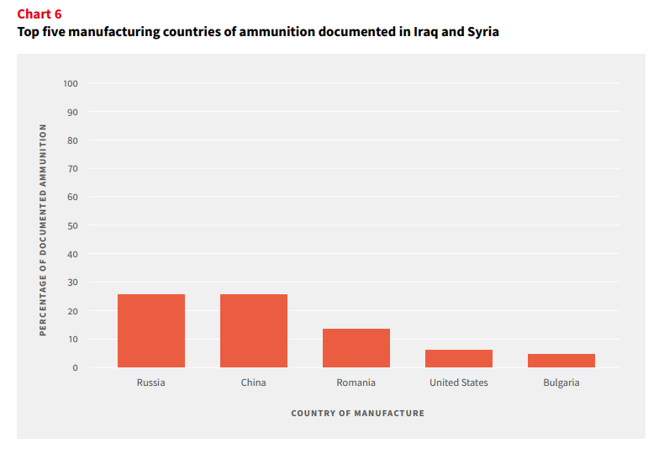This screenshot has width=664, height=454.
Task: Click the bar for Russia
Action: point(151,330)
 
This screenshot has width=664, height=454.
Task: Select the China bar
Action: point(254,330)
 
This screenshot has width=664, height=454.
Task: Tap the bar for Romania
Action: point(356,348)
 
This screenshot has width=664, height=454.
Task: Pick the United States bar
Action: point(459,359)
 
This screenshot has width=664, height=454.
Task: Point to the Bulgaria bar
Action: point(561,361)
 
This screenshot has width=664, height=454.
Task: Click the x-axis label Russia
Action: point(150,383)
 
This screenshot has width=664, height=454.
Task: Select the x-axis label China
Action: point(253,383)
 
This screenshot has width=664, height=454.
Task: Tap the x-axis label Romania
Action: point(356,383)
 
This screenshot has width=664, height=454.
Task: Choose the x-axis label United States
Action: point(459,383)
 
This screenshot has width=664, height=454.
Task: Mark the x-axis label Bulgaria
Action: point(561,383)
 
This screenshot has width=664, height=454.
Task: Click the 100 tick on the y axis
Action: point(71,83)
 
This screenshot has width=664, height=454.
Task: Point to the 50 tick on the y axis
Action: point(72,225)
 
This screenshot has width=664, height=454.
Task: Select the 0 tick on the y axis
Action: point(75,367)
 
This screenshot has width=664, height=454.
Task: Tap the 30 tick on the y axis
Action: point(72,282)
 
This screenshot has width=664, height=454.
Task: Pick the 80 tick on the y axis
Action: point(72,140)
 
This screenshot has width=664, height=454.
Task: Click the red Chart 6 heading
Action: point(40,14)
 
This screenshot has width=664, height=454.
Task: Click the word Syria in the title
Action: point(482,32)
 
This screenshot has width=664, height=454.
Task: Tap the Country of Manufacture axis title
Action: point(357,414)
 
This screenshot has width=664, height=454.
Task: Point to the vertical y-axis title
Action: point(43,230)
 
